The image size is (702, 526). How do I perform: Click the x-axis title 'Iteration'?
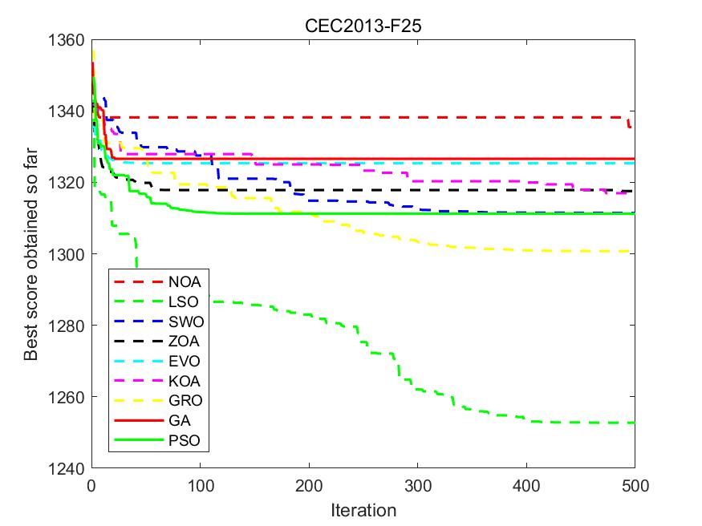coord(363,510)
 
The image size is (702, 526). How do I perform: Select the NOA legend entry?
coord(185,282)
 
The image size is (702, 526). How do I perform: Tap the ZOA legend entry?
coord(185,342)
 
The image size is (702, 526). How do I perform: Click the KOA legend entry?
coord(185,381)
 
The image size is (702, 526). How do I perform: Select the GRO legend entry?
coord(186,401)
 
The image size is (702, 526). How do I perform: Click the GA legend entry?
coord(180,420)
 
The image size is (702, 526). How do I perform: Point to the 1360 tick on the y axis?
coord(70,40)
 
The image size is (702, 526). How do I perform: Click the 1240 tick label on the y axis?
coord(70,467)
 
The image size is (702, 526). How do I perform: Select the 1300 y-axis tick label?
coord(70,254)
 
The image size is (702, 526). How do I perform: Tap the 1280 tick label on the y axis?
coord(70,326)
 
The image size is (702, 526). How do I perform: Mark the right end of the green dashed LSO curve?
coord(634,423)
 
